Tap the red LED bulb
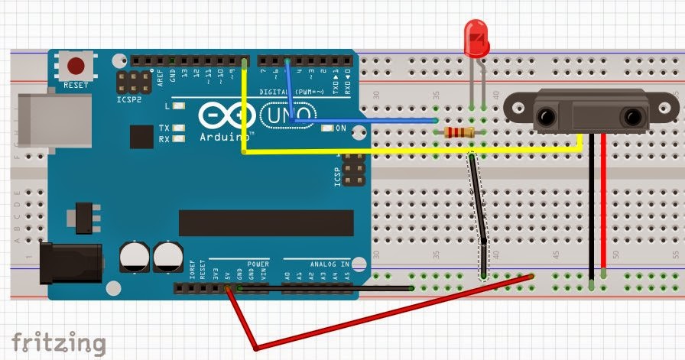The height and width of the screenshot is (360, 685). tap(476, 40)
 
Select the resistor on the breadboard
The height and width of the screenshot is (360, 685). tap(459, 133)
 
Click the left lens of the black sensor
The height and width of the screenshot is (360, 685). tap(546, 116)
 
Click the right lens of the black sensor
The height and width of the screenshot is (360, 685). tap(632, 116)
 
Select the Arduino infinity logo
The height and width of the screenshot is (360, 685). tap(227, 115)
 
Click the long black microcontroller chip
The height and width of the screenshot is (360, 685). tap(266, 222)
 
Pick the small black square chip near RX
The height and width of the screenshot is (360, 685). tap(141, 137)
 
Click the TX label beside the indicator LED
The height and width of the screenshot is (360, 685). tap(164, 128)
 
